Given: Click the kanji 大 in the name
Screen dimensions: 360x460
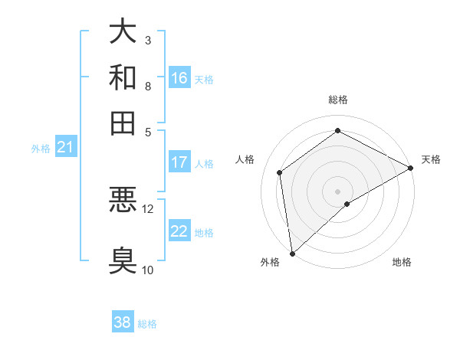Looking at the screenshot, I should point(123,31).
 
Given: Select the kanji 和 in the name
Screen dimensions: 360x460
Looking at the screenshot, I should point(123,77).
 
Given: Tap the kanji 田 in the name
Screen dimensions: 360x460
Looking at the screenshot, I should point(123,123).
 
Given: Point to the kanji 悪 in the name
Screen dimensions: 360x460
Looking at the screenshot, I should point(123,200).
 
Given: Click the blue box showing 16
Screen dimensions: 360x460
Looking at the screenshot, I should point(179,78).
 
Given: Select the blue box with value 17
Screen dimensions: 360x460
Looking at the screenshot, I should point(179,162).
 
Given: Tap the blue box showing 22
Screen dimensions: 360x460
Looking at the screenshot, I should point(179,231).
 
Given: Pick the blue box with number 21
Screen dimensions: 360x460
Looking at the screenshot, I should point(64,147).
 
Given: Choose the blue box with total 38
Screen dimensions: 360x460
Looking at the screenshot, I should point(122,322).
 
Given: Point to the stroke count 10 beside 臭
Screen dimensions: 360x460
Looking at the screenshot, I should point(147,270).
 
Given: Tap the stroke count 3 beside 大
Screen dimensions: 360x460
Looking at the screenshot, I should point(148,40).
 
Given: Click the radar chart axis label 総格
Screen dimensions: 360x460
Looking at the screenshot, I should point(337,100).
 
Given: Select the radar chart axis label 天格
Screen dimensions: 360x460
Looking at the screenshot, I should point(431,159).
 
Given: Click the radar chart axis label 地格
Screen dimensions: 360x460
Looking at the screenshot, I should point(402,262).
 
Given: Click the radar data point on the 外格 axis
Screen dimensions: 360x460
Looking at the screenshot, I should point(292,253).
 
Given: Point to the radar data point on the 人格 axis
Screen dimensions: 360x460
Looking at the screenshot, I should point(280,172).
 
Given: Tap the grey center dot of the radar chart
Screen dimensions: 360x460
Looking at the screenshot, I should point(337,191).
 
